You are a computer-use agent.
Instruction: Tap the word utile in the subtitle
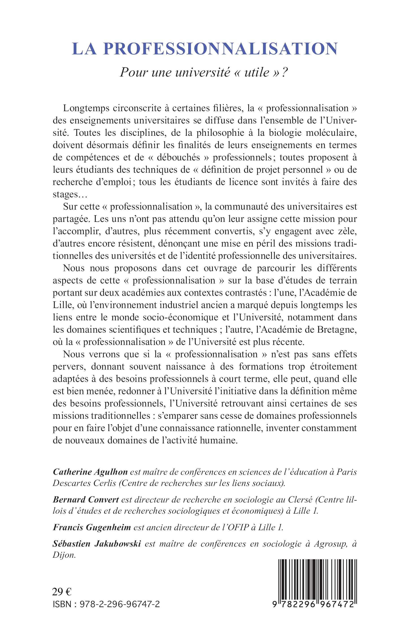(x=257, y=72)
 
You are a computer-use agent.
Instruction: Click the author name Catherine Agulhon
(x=90, y=472)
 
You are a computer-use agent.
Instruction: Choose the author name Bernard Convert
(x=86, y=500)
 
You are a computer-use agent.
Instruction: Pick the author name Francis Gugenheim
(x=92, y=528)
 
